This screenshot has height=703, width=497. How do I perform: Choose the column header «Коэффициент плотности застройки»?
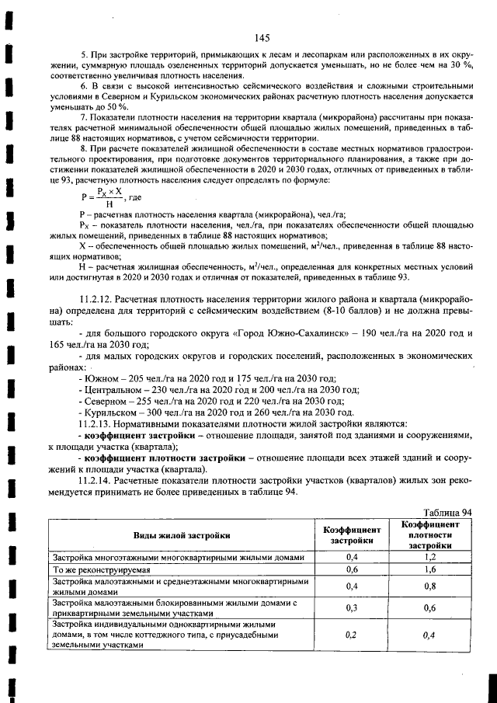pyautogui.click(x=429, y=535)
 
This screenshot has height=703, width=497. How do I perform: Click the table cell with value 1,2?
pyautogui.click(x=429, y=557)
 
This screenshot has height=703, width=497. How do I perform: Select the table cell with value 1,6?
pyautogui.click(x=429, y=569)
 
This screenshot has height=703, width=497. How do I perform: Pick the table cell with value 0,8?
pyautogui.click(x=429, y=586)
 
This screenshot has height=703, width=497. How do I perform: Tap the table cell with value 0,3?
pyautogui.click(x=352, y=607)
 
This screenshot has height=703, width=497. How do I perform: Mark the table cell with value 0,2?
pyautogui.click(x=352, y=634)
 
